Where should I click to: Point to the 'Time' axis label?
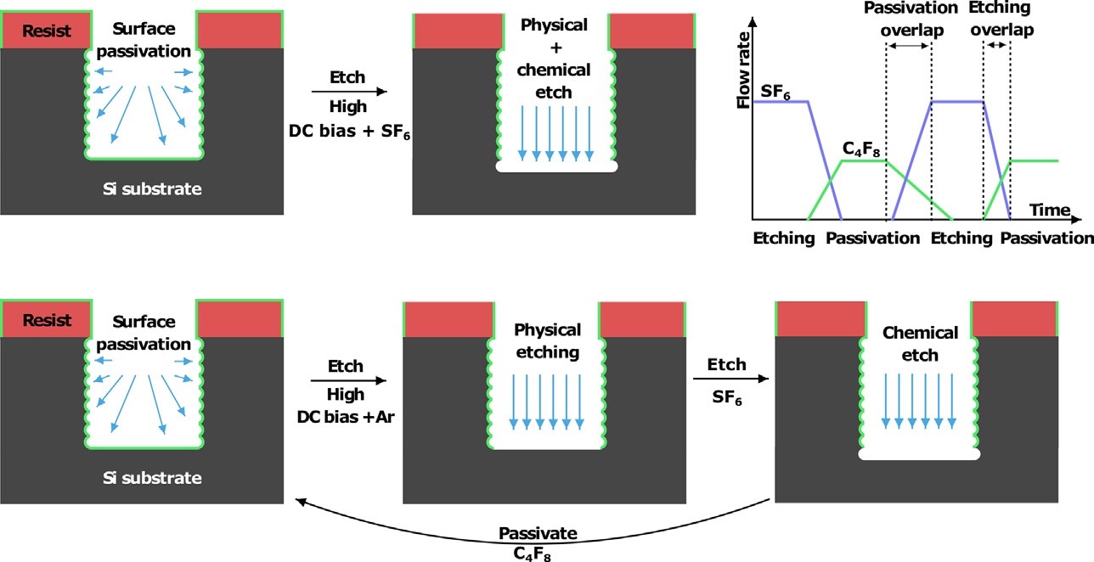[1050, 210]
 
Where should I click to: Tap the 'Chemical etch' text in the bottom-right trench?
[920, 343]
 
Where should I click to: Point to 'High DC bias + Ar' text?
[345, 404]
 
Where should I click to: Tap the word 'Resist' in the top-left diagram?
[48, 33]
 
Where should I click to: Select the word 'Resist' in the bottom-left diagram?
[48, 321]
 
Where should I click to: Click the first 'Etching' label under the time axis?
[783, 239]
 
